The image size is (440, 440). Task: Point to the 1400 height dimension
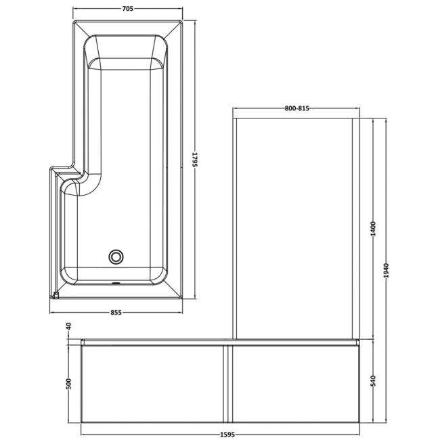click(x=373, y=231)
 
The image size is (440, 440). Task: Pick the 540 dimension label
click(x=373, y=382)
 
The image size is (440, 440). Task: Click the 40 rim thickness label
click(x=69, y=327)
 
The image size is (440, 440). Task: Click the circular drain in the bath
click(x=116, y=257)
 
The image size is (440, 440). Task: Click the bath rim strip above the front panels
click(x=219, y=343)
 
